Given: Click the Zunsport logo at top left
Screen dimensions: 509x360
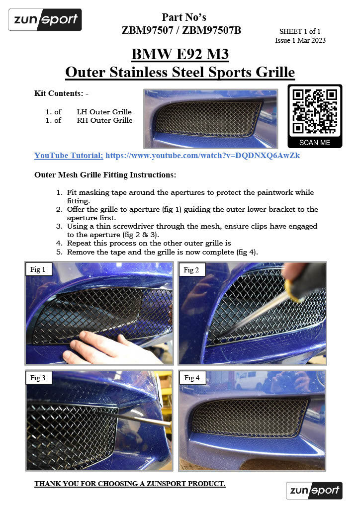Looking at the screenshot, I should (x=45, y=20).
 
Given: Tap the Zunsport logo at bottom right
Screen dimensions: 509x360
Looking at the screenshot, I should (x=314, y=491).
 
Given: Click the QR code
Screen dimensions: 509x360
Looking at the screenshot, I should (x=314, y=111).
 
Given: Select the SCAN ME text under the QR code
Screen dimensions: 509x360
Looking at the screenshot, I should (x=315, y=142).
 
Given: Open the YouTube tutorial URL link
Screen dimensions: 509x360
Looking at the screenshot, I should (x=202, y=156).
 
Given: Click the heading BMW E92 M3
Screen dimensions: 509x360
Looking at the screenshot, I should (x=180, y=54).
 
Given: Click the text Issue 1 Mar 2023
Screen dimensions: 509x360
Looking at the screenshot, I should (x=300, y=40).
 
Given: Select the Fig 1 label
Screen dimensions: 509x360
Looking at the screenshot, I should (x=38, y=270).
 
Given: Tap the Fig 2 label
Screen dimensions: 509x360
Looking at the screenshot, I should (x=191, y=270).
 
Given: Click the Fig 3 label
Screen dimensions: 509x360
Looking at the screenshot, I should (x=38, y=378).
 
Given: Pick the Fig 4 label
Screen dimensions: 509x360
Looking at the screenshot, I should (x=191, y=378).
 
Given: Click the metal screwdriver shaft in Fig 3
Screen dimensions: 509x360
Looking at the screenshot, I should (x=144, y=418).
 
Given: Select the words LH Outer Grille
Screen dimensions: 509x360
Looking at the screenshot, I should (x=104, y=112).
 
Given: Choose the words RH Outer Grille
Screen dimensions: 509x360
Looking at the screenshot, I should (x=104, y=120).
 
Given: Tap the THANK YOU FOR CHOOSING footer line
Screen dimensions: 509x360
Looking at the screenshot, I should (x=130, y=484).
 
